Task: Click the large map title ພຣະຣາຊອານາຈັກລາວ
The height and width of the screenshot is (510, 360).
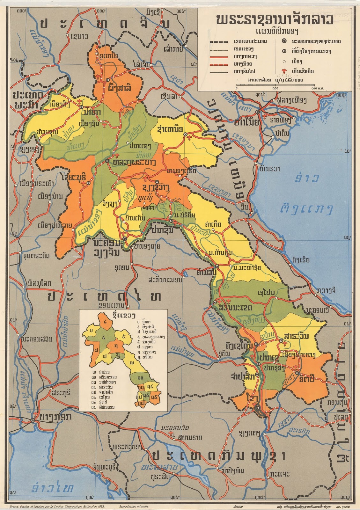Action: pyautogui.click(x=274, y=20)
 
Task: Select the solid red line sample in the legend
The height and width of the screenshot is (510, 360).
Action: pyautogui.click(x=218, y=57)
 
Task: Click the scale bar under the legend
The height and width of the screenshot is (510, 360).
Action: pyautogui.click(x=276, y=85)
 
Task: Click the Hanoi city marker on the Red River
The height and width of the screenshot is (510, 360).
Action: pyautogui.click(x=257, y=112)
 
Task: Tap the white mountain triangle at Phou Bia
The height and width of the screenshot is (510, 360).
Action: pyautogui.click(x=144, y=203)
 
